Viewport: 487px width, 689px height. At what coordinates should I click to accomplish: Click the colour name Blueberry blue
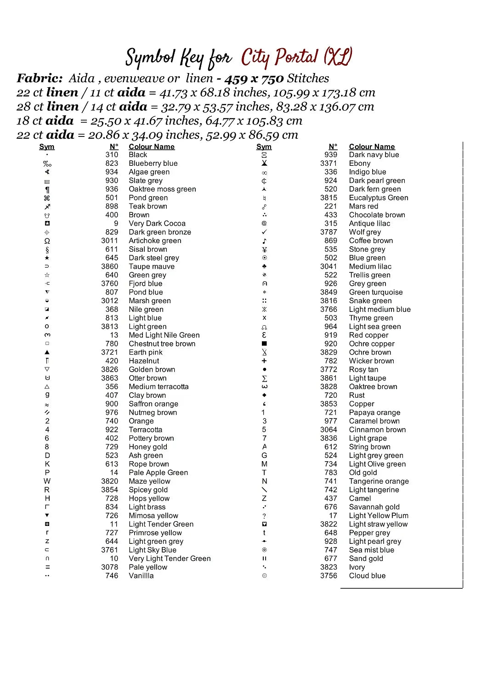(153, 164)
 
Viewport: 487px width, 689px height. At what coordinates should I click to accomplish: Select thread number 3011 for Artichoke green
(110, 241)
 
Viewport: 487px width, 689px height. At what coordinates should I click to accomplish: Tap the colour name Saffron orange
(153, 404)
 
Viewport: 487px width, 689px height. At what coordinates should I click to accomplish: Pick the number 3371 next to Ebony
(328, 164)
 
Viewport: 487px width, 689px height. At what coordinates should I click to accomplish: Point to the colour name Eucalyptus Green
(379, 198)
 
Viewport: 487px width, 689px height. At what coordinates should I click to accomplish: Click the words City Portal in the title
(279, 58)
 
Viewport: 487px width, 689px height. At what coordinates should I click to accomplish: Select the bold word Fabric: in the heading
(40, 79)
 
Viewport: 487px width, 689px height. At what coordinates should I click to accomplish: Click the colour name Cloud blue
(367, 576)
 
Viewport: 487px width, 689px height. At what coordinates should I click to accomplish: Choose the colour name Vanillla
(141, 576)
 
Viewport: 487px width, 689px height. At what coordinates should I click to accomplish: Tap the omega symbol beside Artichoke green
(47, 241)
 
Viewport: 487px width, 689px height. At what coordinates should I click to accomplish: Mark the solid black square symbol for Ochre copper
(264, 344)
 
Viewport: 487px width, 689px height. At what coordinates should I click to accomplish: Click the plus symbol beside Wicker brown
(264, 361)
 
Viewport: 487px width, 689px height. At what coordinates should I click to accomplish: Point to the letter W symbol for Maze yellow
(47, 481)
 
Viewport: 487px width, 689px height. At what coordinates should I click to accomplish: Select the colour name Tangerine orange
(379, 481)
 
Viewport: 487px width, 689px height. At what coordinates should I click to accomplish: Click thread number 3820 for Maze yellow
(110, 481)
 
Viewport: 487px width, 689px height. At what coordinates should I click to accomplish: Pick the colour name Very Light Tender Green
(170, 559)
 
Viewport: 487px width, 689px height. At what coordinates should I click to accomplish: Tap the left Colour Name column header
(152, 147)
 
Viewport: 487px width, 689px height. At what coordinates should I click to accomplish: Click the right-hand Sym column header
(264, 147)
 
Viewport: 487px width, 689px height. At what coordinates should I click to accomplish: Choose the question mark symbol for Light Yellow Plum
(264, 516)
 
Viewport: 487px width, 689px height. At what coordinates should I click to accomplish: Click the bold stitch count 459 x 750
(254, 79)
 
